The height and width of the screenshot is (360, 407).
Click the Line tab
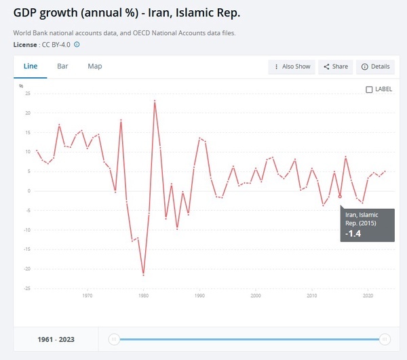pyautogui.click(x=31, y=66)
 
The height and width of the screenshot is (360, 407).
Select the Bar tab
pyautogui.click(x=62, y=66)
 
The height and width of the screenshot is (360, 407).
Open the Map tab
pyautogui.click(x=95, y=66)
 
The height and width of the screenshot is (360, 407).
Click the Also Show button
pyautogui.click(x=292, y=66)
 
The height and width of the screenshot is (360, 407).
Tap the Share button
pyautogui.click(x=336, y=66)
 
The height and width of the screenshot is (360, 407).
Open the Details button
pyautogui.click(x=376, y=66)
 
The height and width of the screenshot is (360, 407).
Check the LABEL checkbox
pyautogui.click(x=369, y=89)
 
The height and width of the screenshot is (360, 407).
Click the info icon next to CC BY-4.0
pyautogui.click(x=77, y=45)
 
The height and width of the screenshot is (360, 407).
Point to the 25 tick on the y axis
pyautogui.click(x=28, y=94)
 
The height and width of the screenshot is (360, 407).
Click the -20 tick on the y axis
pyautogui.click(x=28, y=268)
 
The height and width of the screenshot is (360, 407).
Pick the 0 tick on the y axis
pyautogui.click(x=29, y=191)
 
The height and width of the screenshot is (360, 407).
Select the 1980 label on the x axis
pyautogui.click(x=143, y=296)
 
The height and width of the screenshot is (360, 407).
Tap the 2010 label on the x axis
pyautogui.click(x=312, y=296)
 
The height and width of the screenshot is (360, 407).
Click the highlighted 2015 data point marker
pyautogui.click(x=340, y=197)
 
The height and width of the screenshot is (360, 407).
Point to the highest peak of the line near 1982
pyautogui.click(x=155, y=101)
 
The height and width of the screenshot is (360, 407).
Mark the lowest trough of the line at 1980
pyautogui.click(x=143, y=274)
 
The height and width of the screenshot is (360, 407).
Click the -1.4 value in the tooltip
pyautogui.click(x=353, y=233)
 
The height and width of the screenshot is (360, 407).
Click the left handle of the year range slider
pyautogui.click(x=115, y=339)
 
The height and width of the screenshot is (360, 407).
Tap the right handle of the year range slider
pyautogui.click(x=385, y=339)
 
